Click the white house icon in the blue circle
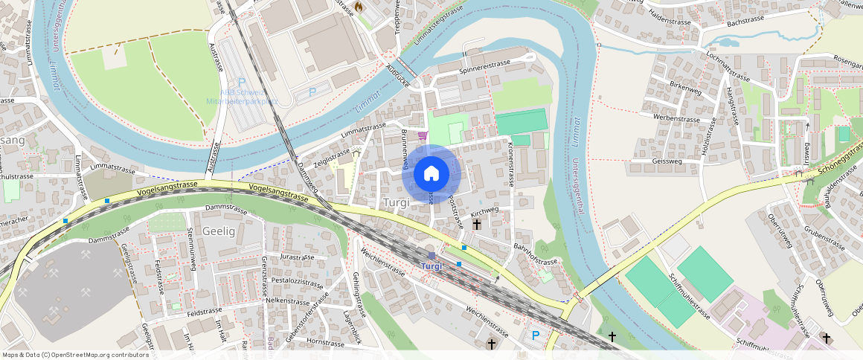431,174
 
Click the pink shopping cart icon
423,135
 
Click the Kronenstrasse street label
511,163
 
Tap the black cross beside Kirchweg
476,223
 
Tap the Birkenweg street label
686,89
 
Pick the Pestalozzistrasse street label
297,283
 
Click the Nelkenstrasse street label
287,302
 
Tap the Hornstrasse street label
325,343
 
